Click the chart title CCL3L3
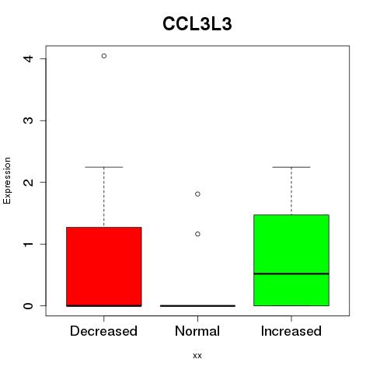(197, 24)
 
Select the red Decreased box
(104, 267)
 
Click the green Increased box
(291, 260)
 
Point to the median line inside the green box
(291, 274)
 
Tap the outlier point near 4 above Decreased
(104, 56)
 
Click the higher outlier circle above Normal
(197, 194)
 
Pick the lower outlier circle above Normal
(197, 234)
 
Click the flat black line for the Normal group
(197, 305)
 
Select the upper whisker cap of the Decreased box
(104, 167)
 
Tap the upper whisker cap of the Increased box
(291, 167)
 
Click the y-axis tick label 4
(29, 58)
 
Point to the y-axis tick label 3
(29, 120)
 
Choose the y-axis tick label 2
(29, 182)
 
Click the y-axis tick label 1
(29, 244)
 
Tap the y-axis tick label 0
(29, 305)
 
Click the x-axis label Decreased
(103, 331)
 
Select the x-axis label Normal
(197, 331)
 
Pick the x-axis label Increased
(291, 331)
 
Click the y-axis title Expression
(7, 180)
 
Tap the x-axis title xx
(197, 355)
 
